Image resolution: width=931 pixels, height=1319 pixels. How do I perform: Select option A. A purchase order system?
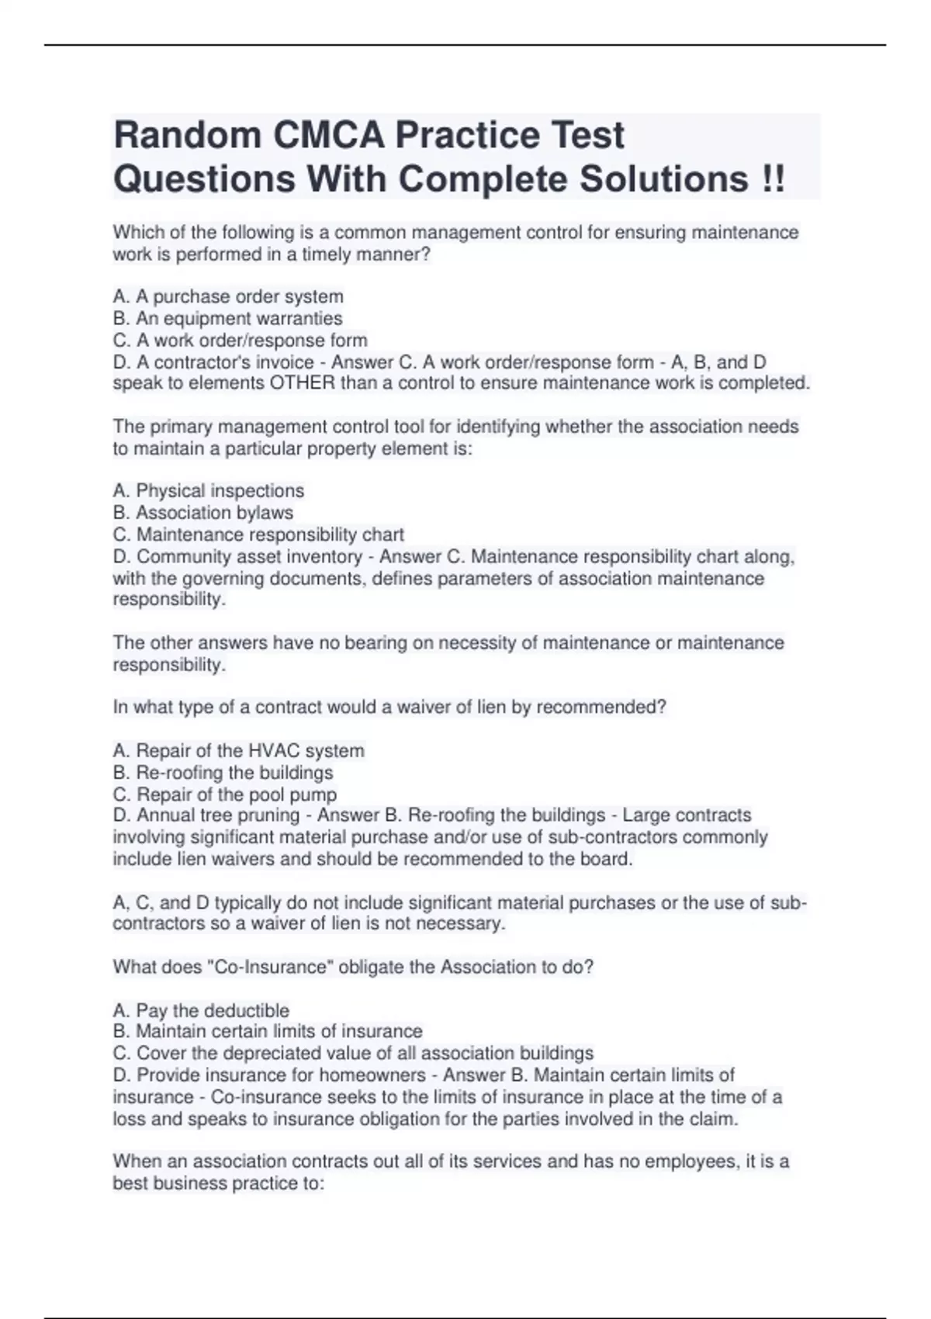228,296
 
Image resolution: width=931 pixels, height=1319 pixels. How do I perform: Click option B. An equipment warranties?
227,318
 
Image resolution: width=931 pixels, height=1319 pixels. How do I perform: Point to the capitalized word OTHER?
303,383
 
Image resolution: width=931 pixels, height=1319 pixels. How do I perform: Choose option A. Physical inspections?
208,490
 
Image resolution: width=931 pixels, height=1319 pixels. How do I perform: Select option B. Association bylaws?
202,512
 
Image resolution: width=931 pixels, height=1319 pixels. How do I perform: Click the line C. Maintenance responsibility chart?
258,535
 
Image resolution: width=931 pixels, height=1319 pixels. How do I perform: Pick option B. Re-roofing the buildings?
223,772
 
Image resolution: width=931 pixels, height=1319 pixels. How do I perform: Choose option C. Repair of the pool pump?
225,795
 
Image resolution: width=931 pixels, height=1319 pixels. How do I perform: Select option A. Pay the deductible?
201,1010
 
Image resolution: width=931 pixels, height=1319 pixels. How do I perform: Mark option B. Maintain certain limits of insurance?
268,1031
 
